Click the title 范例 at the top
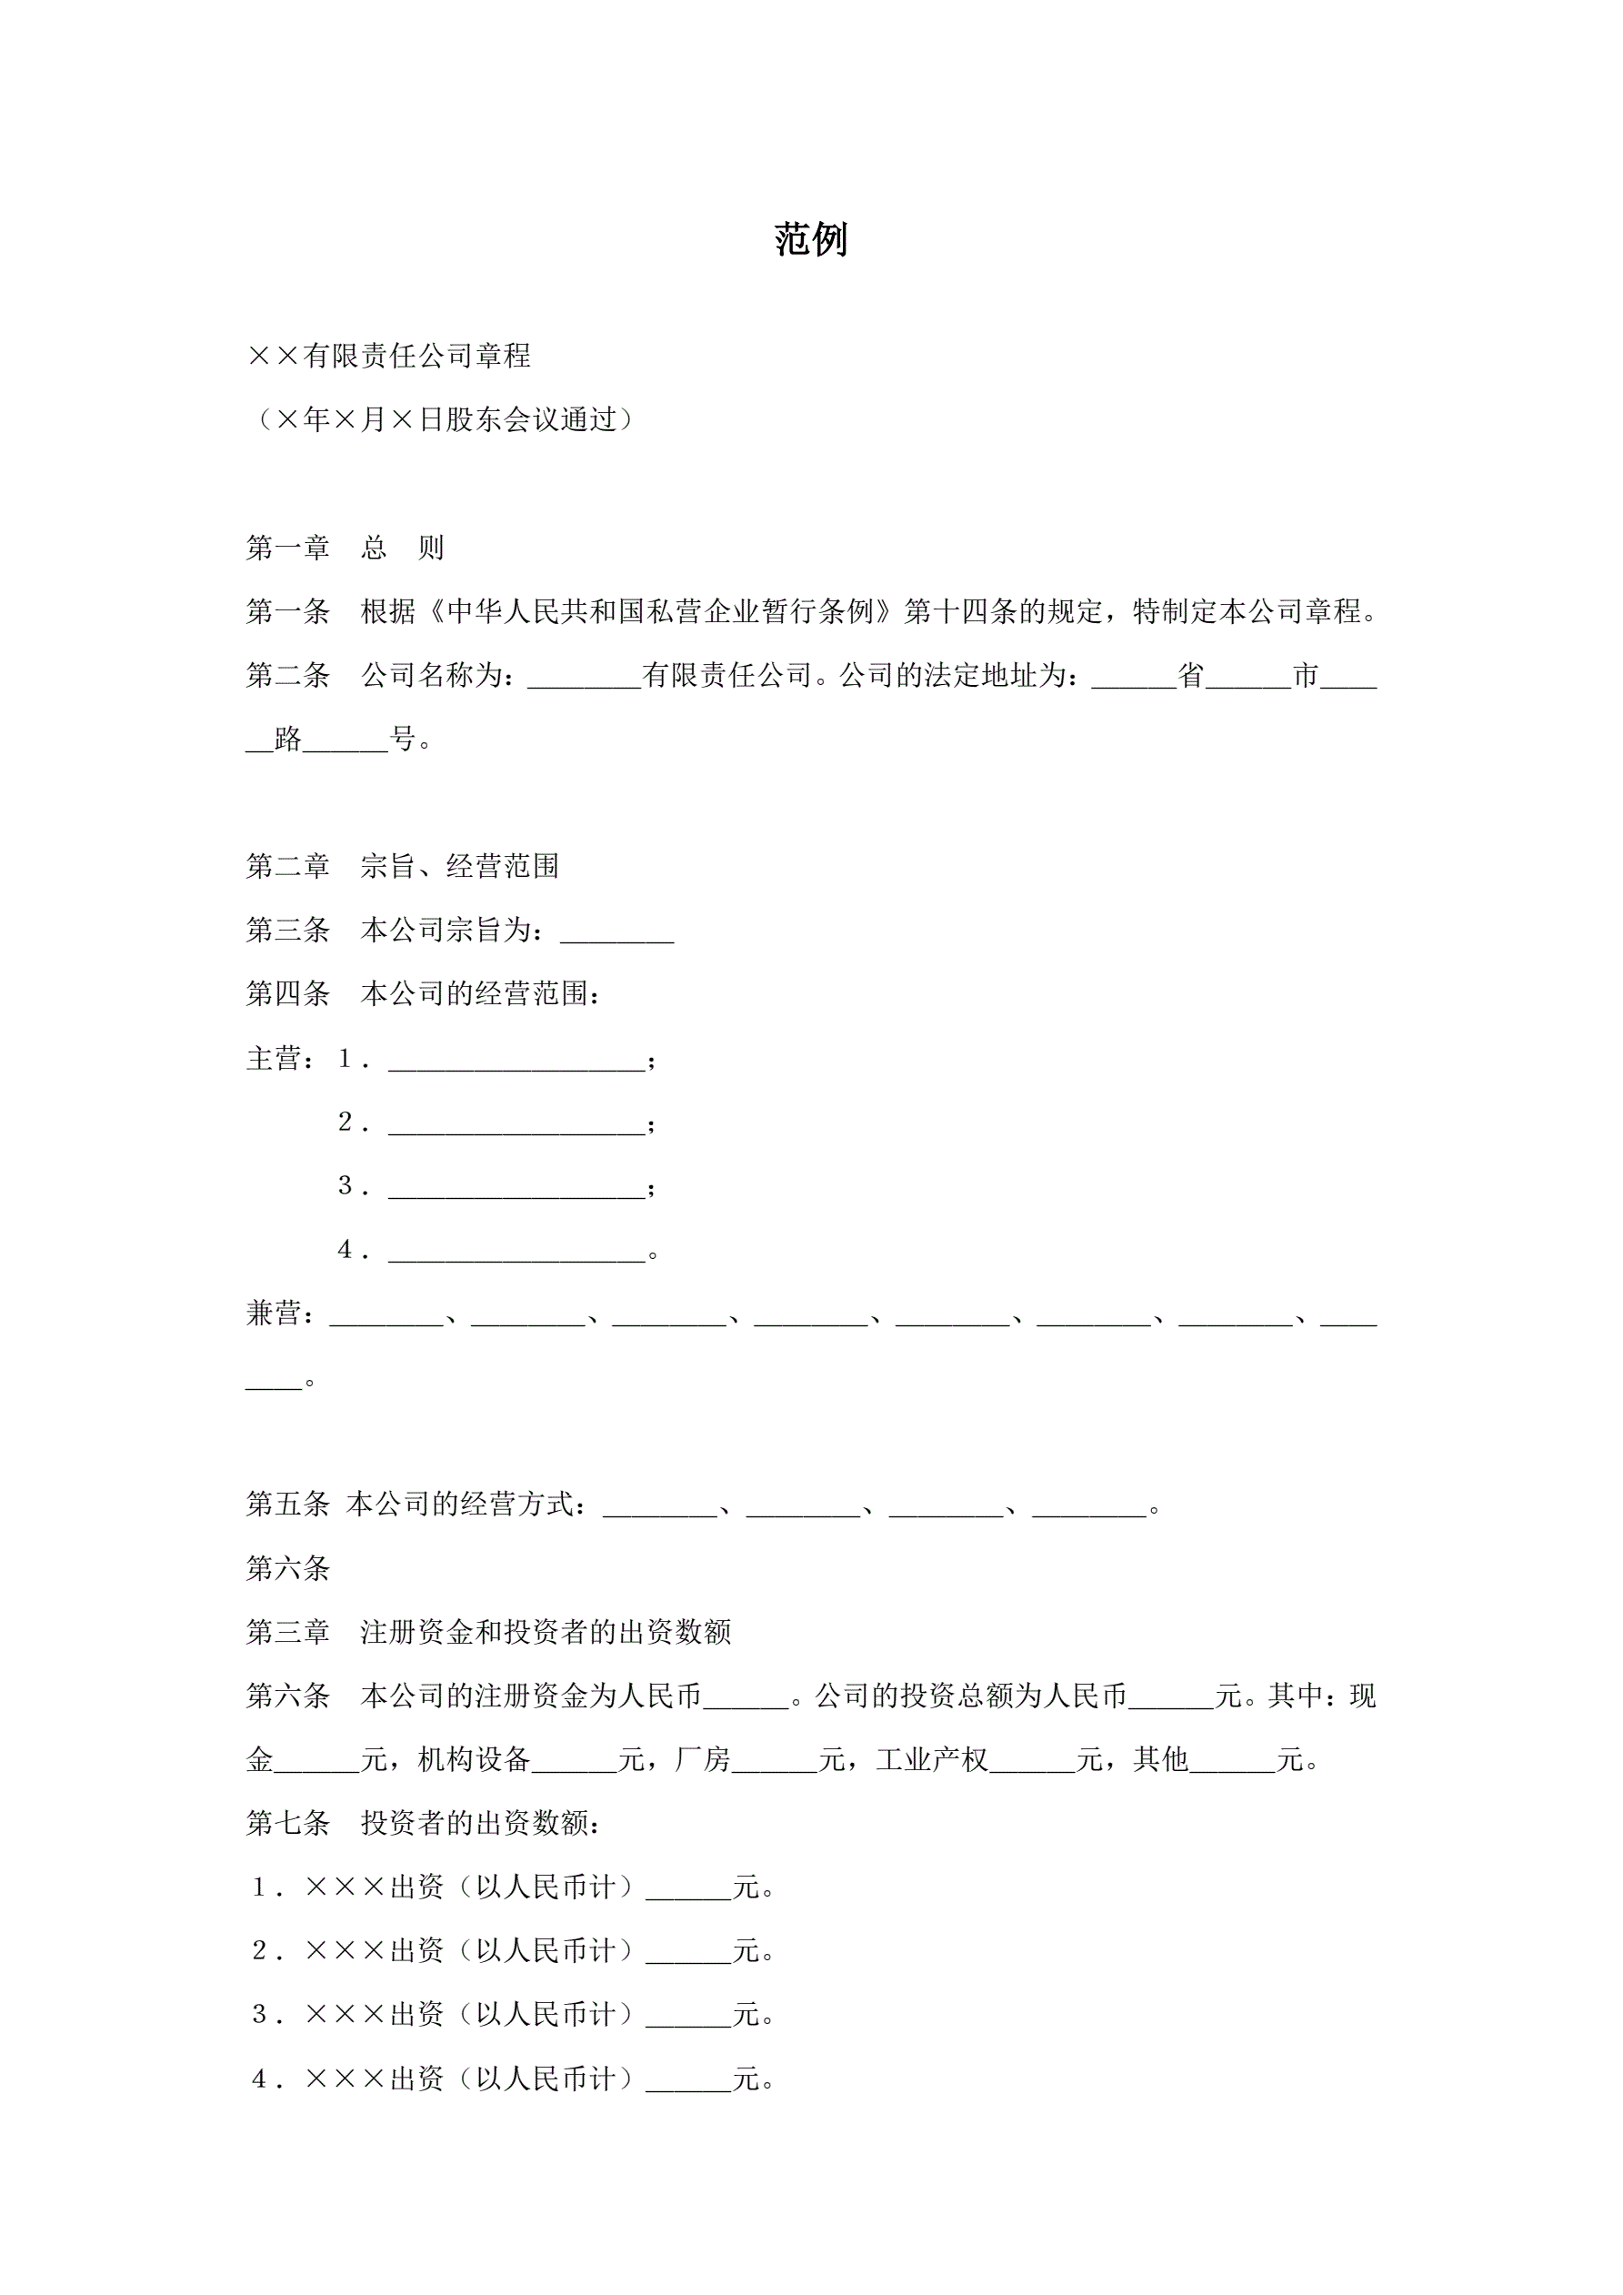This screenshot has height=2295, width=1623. pyautogui.click(x=810, y=240)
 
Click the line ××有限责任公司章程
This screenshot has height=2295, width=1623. pyautogui.click(x=389, y=356)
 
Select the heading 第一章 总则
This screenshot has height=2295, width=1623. pyautogui.click(x=345, y=548)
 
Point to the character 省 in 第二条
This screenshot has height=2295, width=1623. pyautogui.click(x=1191, y=677)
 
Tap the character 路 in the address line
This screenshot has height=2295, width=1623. pyautogui.click(x=288, y=740)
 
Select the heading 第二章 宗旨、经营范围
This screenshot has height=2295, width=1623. pyautogui.click(x=402, y=867)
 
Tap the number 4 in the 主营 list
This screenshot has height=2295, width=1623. pyautogui.click(x=346, y=1250)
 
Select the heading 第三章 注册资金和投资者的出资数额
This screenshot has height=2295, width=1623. pyautogui.click(x=488, y=1632)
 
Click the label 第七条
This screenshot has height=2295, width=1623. pyautogui.click(x=288, y=1823)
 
